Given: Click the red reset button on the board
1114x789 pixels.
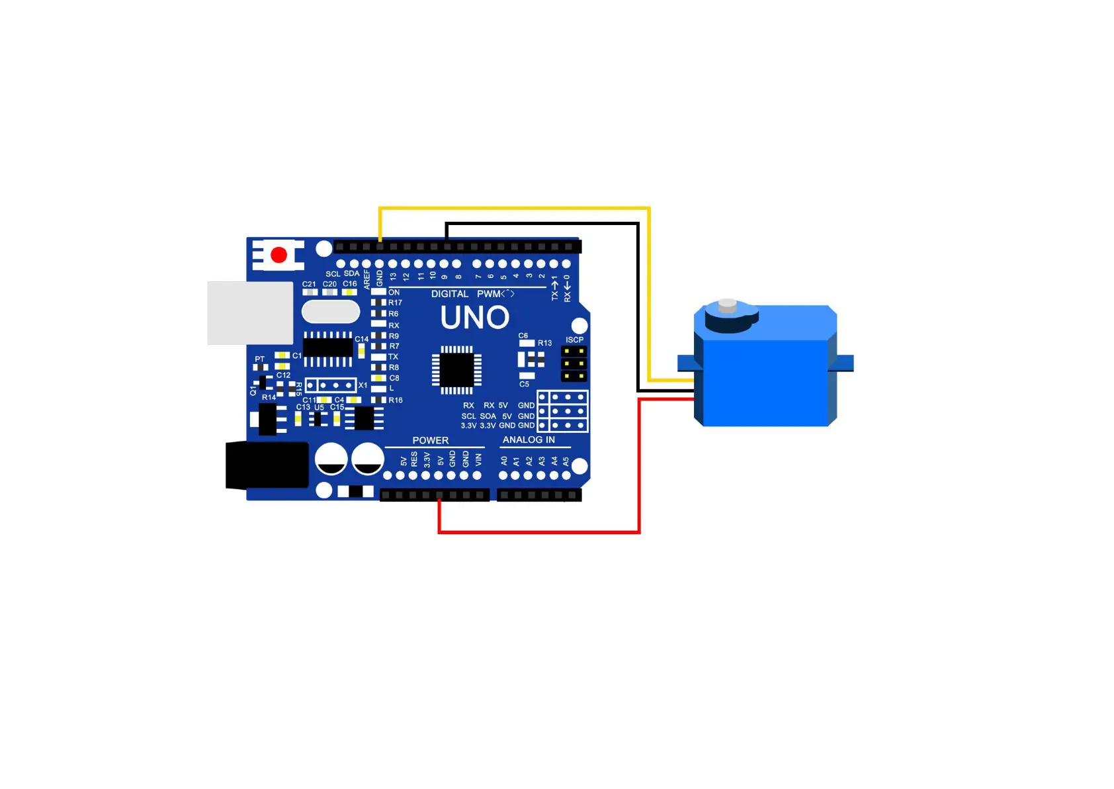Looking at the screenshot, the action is pyautogui.click(x=278, y=255).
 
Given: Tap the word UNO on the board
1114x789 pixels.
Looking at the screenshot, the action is pyautogui.click(x=474, y=318).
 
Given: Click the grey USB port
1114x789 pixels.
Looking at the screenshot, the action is pyautogui.click(x=250, y=313).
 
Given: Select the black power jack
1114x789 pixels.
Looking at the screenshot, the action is pyautogui.click(x=267, y=465).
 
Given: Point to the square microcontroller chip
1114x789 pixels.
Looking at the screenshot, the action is pyautogui.click(x=456, y=369).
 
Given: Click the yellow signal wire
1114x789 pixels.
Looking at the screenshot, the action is pyautogui.click(x=516, y=209).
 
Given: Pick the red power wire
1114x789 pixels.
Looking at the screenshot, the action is pyautogui.click(x=539, y=531).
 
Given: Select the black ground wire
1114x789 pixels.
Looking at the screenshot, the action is pyautogui.click(x=542, y=224).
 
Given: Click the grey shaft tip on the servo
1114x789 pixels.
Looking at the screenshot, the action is pyautogui.click(x=727, y=305).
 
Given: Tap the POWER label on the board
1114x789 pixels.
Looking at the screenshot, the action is pyautogui.click(x=430, y=440).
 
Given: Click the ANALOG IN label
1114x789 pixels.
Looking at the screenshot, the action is pyautogui.click(x=529, y=440).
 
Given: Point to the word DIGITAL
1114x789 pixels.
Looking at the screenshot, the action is pyautogui.click(x=450, y=294).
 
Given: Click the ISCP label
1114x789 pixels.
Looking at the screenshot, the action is pyautogui.click(x=574, y=340).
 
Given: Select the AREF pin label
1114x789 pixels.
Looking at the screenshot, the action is pyautogui.click(x=367, y=279).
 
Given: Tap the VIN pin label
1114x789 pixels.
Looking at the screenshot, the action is pyautogui.click(x=478, y=460).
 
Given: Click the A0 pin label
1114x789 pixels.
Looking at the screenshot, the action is pyautogui.click(x=503, y=461).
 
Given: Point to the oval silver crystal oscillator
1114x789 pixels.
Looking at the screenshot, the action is pyautogui.click(x=330, y=312).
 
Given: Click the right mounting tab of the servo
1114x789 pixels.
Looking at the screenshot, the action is pyautogui.click(x=845, y=363).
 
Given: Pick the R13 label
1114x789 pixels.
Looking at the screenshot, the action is pyautogui.click(x=544, y=343).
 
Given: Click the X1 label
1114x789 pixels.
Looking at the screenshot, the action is pyautogui.click(x=363, y=385).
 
